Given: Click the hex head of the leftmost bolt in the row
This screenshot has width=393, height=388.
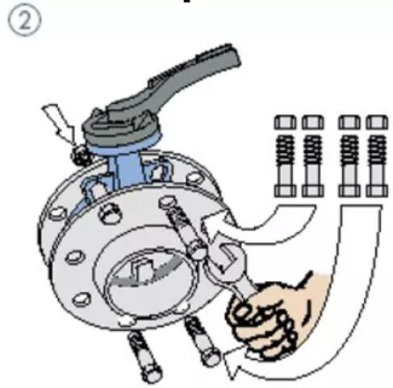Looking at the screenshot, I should coord(285,122).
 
